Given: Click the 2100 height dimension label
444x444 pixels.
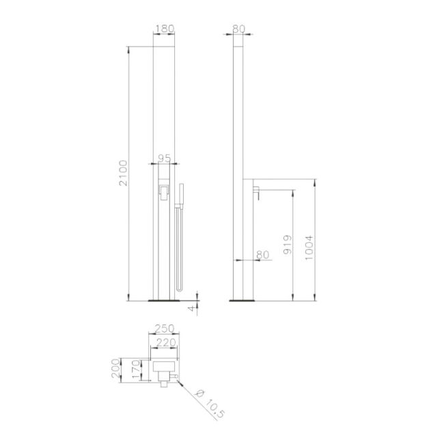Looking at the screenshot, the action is (123, 173).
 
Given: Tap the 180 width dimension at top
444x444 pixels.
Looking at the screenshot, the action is (165, 29).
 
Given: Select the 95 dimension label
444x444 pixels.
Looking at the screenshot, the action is (164, 158).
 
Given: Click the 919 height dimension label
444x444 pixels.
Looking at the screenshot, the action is (288, 245).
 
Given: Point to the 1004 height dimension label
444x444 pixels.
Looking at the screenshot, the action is (309, 248).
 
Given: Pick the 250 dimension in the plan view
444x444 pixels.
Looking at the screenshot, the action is (164, 329).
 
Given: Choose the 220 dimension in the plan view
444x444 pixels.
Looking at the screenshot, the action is (166, 343).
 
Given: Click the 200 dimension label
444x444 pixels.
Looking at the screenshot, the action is (115, 368).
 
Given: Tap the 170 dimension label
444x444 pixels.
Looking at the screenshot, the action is (136, 370).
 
